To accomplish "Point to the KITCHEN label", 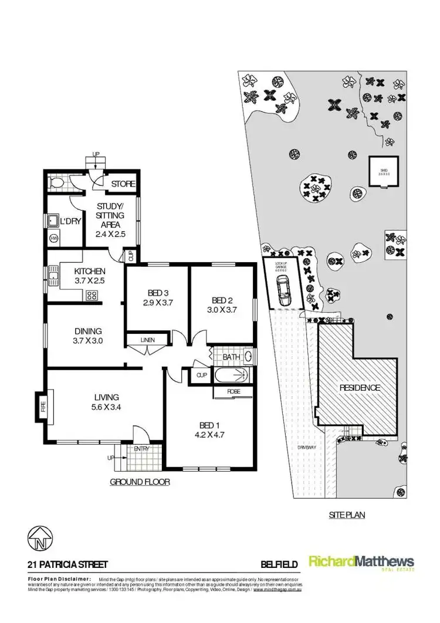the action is [90, 271].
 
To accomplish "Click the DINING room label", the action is [87, 330].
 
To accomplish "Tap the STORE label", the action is [123, 184].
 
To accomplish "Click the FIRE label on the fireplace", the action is [42, 407].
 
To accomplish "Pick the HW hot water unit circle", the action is [54, 238].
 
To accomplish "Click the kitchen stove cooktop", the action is [92, 295].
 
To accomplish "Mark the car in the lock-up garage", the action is [283, 291].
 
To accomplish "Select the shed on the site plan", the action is [384, 171].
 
